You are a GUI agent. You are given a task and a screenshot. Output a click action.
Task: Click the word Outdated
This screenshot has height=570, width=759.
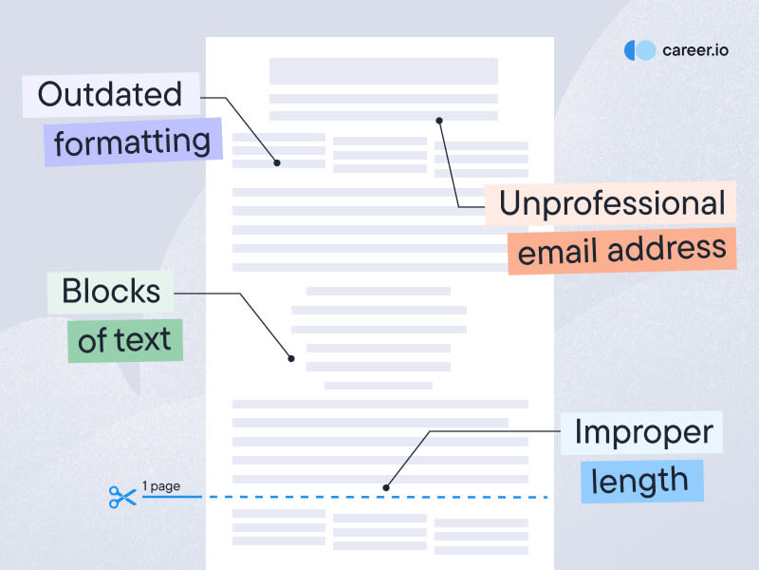tap(109, 94)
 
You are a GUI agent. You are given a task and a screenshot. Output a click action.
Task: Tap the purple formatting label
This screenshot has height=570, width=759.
tap(132, 142)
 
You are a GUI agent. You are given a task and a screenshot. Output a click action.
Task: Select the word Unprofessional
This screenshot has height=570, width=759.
tap(611, 203)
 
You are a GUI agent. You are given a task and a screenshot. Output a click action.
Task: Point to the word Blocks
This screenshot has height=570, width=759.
tap(109, 292)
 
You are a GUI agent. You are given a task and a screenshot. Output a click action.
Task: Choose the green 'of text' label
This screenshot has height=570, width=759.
tap(124, 339)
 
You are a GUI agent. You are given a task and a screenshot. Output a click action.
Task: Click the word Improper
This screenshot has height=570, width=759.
tap(644, 432)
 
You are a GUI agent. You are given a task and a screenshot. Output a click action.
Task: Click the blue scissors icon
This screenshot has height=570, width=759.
tap(122, 496)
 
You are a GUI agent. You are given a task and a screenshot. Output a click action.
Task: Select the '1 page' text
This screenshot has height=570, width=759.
tap(160, 486)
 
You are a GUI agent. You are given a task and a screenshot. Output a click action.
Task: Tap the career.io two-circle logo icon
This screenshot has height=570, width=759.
tap(639, 50)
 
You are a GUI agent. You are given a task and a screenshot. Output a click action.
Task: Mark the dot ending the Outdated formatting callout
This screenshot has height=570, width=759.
tap(277, 162)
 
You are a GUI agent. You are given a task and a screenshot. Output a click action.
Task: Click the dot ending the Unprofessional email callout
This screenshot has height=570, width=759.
tap(439, 121)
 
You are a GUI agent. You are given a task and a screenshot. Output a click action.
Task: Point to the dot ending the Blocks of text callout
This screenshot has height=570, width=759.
tap(291, 358)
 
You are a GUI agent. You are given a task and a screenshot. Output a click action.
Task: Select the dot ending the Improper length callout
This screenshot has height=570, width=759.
tap(386, 487)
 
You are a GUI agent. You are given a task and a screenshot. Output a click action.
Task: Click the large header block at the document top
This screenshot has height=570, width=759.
tap(383, 71)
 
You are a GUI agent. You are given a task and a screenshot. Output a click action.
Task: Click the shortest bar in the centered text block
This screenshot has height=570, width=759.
tap(378, 386)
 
